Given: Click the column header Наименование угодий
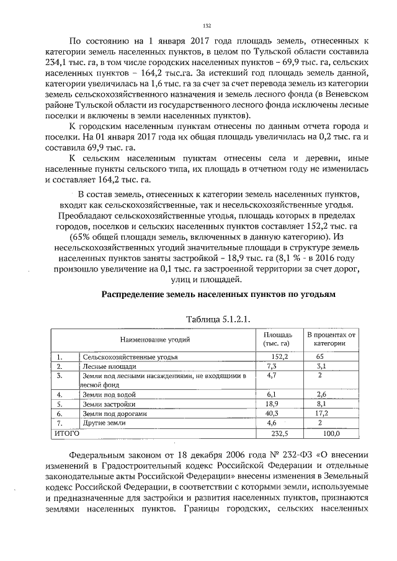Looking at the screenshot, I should (155, 339).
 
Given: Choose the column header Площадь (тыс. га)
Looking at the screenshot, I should (277, 339).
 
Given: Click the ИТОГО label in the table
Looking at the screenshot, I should (64, 433).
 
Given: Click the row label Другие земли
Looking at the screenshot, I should (104, 422).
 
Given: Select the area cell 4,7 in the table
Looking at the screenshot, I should (270, 376).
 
